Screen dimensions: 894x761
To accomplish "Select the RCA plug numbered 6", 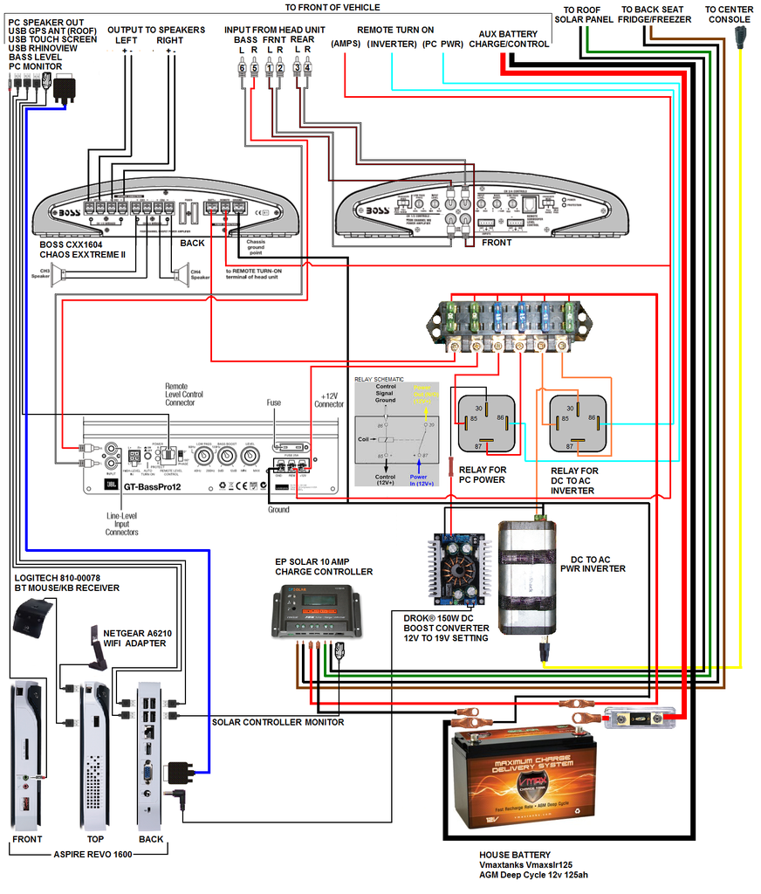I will [x=242, y=70].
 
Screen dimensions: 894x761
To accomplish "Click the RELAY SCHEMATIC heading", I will [x=380, y=379].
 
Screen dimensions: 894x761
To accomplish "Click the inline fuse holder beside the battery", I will [x=640, y=717].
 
